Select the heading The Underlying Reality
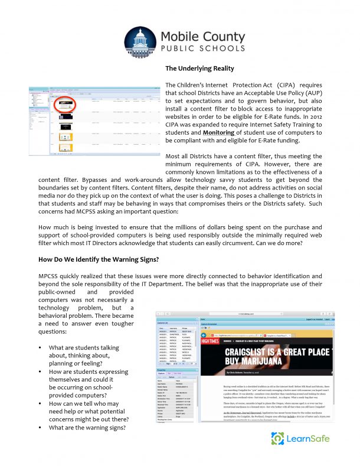(x=199, y=69)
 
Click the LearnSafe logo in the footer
(x=300, y=438)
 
